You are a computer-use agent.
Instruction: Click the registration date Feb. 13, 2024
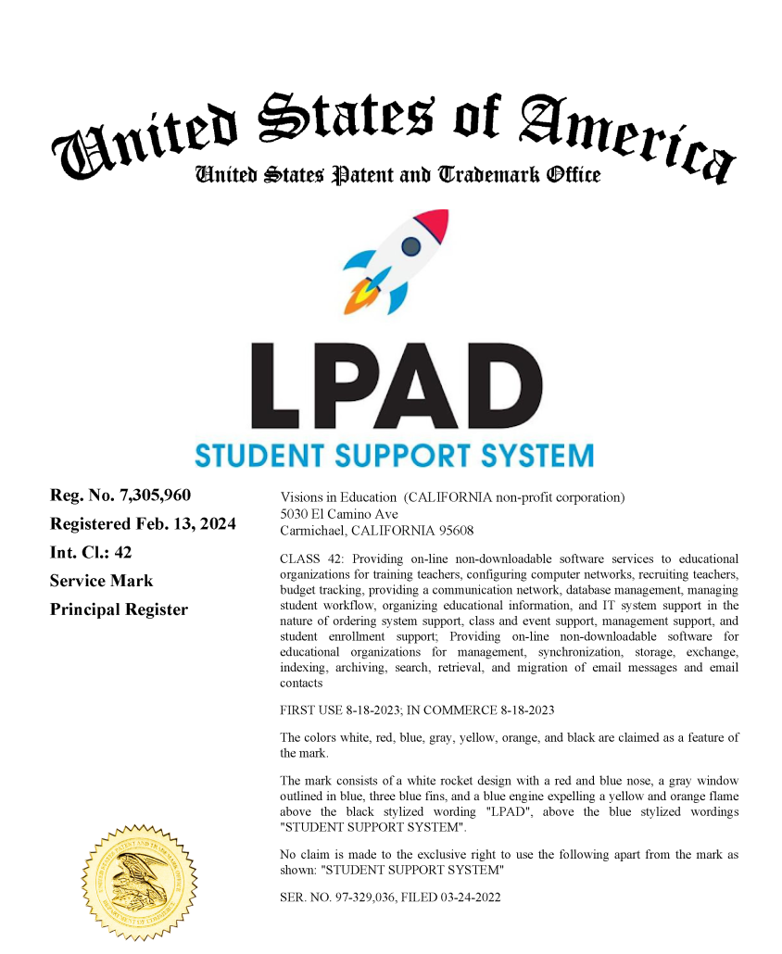(x=190, y=524)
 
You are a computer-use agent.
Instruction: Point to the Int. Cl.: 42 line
(x=91, y=552)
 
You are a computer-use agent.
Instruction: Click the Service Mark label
(x=102, y=581)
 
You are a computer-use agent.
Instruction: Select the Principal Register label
(x=119, y=609)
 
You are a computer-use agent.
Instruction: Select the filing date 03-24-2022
(x=470, y=898)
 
